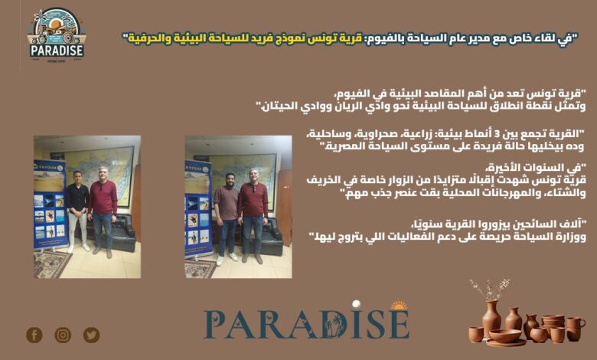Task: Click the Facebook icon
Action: pos(34,335)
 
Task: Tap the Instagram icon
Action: pos(63,335)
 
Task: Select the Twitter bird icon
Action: pos(91,335)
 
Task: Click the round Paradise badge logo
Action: pos(57,34)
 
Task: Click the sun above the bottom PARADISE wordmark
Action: pos(399,305)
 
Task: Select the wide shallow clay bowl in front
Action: pos(505,335)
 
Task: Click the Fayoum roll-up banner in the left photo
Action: pos(51,205)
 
